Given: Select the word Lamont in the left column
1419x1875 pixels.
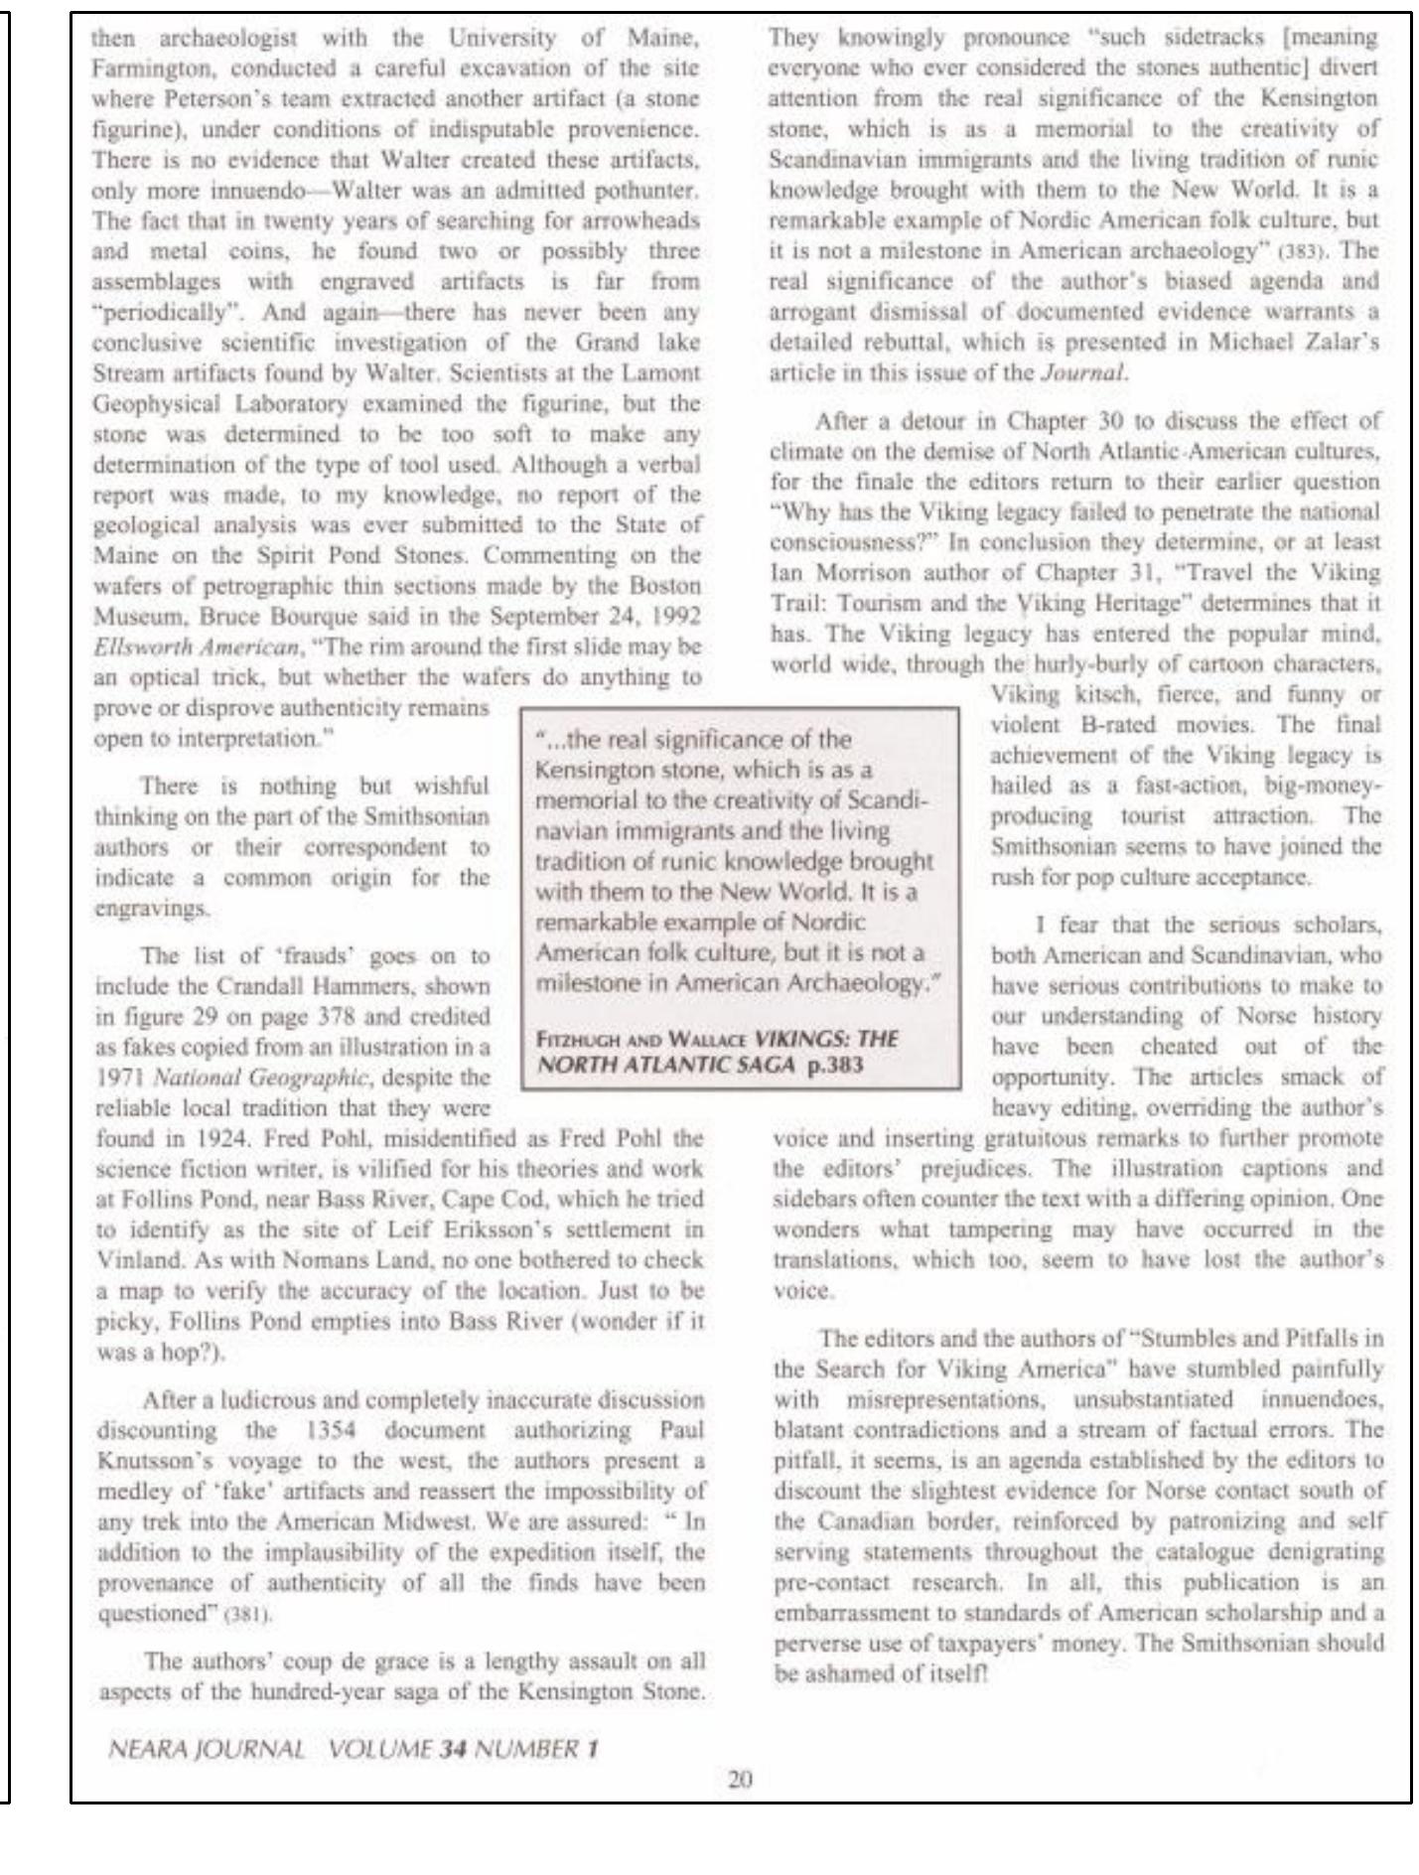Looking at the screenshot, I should pyautogui.click(x=668, y=372).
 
